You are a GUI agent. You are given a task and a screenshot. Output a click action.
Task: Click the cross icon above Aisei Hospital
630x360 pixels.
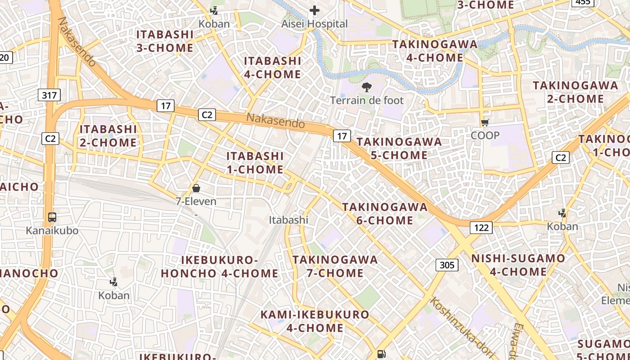[x=315, y=10]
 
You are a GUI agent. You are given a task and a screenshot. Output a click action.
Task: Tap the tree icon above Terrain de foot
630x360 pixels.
[x=367, y=87]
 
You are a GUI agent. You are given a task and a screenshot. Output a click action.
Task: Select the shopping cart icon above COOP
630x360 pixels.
[x=485, y=122]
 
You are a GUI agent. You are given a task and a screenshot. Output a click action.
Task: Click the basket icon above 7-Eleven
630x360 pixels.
[x=196, y=188]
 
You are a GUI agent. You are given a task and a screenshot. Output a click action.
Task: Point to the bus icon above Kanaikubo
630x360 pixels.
[x=52, y=217]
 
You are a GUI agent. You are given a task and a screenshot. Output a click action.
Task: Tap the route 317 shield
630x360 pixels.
[x=49, y=95]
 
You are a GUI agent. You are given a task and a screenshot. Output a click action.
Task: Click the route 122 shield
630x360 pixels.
[x=481, y=228]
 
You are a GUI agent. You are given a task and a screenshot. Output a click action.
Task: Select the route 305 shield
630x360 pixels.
[x=447, y=265]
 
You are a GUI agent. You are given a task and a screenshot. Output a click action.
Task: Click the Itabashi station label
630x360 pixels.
[x=288, y=220]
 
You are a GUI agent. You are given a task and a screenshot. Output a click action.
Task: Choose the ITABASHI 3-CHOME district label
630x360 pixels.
[x=165, y=41]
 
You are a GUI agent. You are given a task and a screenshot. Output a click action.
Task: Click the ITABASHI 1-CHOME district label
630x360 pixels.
[x=255, y=162]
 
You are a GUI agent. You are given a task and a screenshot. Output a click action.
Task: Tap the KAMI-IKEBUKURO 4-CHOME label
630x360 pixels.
[x=315, y=321]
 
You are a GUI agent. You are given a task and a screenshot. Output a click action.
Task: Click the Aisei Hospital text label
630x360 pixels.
[x=315, y=24]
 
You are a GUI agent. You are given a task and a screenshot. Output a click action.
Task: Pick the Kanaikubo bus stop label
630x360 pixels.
[x=52, y=231]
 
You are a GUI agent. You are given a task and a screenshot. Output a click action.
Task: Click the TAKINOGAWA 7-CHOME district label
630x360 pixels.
[x=335, y=266]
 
